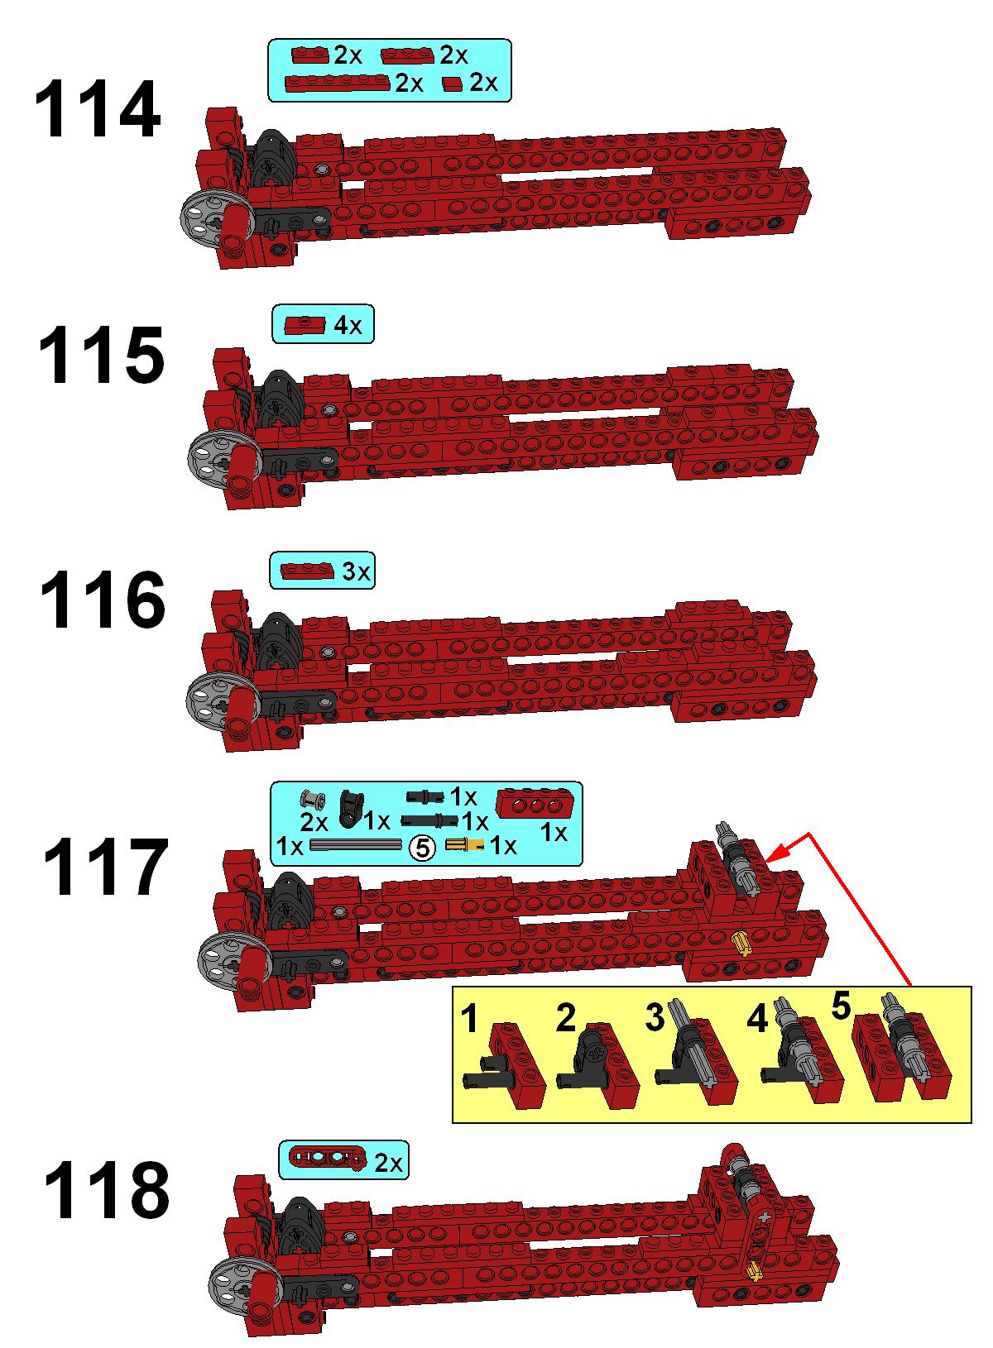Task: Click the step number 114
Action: click(98, 110)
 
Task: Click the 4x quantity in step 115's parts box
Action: click(348, 326)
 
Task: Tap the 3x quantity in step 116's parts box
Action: click(356, 571)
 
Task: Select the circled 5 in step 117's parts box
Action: click(422, 848)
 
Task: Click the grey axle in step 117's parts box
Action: click(355, 845)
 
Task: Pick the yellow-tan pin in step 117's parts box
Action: click(464, 845)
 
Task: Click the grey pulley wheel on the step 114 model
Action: click(207, 224)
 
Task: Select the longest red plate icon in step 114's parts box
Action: click(338, 83)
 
